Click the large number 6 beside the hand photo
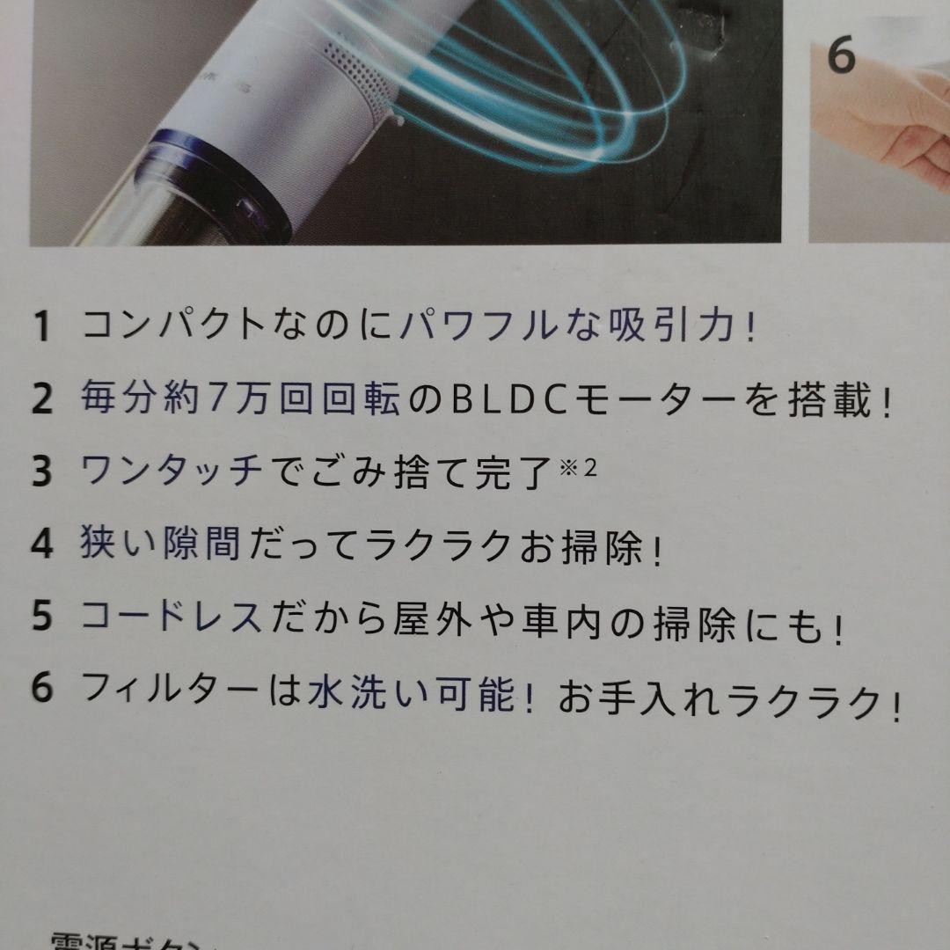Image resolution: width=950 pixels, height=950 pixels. pos(841,58)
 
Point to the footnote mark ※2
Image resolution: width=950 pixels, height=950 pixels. pos(578,467)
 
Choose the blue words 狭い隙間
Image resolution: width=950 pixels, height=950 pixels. pos(158,545)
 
